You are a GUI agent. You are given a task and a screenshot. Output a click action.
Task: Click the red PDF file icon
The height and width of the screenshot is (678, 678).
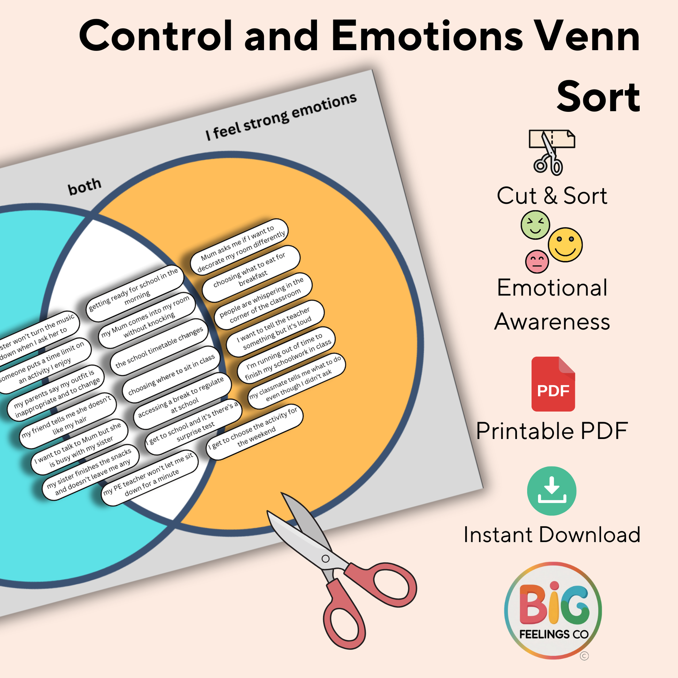tap(553, 384)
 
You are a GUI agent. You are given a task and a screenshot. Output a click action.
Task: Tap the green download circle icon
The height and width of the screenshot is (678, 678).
tap(551, 491)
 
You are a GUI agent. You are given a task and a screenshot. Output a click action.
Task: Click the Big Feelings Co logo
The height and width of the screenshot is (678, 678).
tap(553, 610)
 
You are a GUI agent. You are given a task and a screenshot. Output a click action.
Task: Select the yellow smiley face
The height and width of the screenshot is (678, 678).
tap(565, 245)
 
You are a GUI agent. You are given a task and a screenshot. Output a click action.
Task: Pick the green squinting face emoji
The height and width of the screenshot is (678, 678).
tap(535, 225)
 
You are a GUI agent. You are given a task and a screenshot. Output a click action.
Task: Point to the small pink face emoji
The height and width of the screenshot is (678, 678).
tap(537, 261)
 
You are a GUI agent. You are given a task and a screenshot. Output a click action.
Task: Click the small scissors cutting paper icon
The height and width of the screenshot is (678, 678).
tap(551, 152)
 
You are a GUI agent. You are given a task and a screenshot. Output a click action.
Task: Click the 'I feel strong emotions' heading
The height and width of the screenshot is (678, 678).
tap(281, 116)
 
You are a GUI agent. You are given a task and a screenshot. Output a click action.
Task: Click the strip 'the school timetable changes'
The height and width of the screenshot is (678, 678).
tap(159, 347)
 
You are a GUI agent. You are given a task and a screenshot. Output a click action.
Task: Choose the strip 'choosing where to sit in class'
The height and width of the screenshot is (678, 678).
tap(171, 375)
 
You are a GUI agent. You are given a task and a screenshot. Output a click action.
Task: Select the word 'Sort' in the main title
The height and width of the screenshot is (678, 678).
tap(598, 97)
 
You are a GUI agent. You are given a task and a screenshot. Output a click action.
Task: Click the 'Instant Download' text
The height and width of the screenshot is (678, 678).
tap(552, 535)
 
